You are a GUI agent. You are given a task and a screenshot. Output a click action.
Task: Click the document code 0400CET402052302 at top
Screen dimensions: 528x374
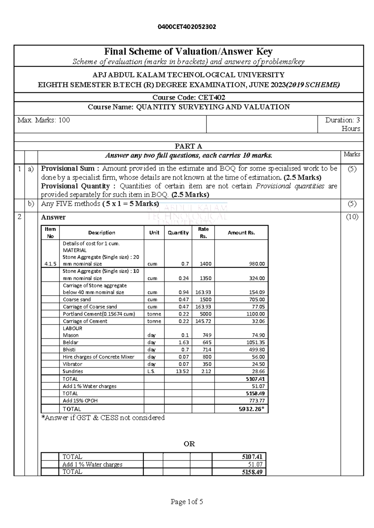click(x=187, y=27)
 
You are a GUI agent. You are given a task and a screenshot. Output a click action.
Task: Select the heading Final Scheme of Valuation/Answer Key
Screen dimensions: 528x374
click(x=188, y=51)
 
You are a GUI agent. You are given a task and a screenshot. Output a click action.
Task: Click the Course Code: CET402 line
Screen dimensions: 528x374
click(x=189, y=97)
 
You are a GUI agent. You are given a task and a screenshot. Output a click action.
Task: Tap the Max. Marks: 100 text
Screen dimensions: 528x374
click(x=44, y=120)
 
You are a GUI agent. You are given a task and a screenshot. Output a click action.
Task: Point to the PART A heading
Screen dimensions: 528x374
click(x=189, y=146)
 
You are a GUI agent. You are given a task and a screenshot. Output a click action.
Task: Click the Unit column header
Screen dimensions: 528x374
click(x=154, y=233)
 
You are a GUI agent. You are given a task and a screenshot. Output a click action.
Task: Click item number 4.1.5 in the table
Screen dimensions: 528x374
click(x=50, y=264)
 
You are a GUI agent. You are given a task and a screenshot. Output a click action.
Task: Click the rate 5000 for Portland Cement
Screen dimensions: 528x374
click(x=206, y=314)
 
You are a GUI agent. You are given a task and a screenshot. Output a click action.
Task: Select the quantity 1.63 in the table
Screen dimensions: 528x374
click(x=184, y=342)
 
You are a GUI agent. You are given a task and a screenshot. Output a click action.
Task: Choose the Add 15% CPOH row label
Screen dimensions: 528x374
click(x=80, y=401)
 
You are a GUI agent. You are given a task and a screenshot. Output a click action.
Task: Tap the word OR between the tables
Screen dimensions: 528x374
click(x=189, y=444)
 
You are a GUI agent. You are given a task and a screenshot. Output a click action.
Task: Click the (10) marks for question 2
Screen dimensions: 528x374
click(x=352, y=217)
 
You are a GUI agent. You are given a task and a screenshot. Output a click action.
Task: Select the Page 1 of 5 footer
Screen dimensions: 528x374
click(x=187, y=502)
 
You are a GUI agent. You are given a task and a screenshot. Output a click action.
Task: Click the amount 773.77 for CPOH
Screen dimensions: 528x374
click(x=257, y=401)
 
